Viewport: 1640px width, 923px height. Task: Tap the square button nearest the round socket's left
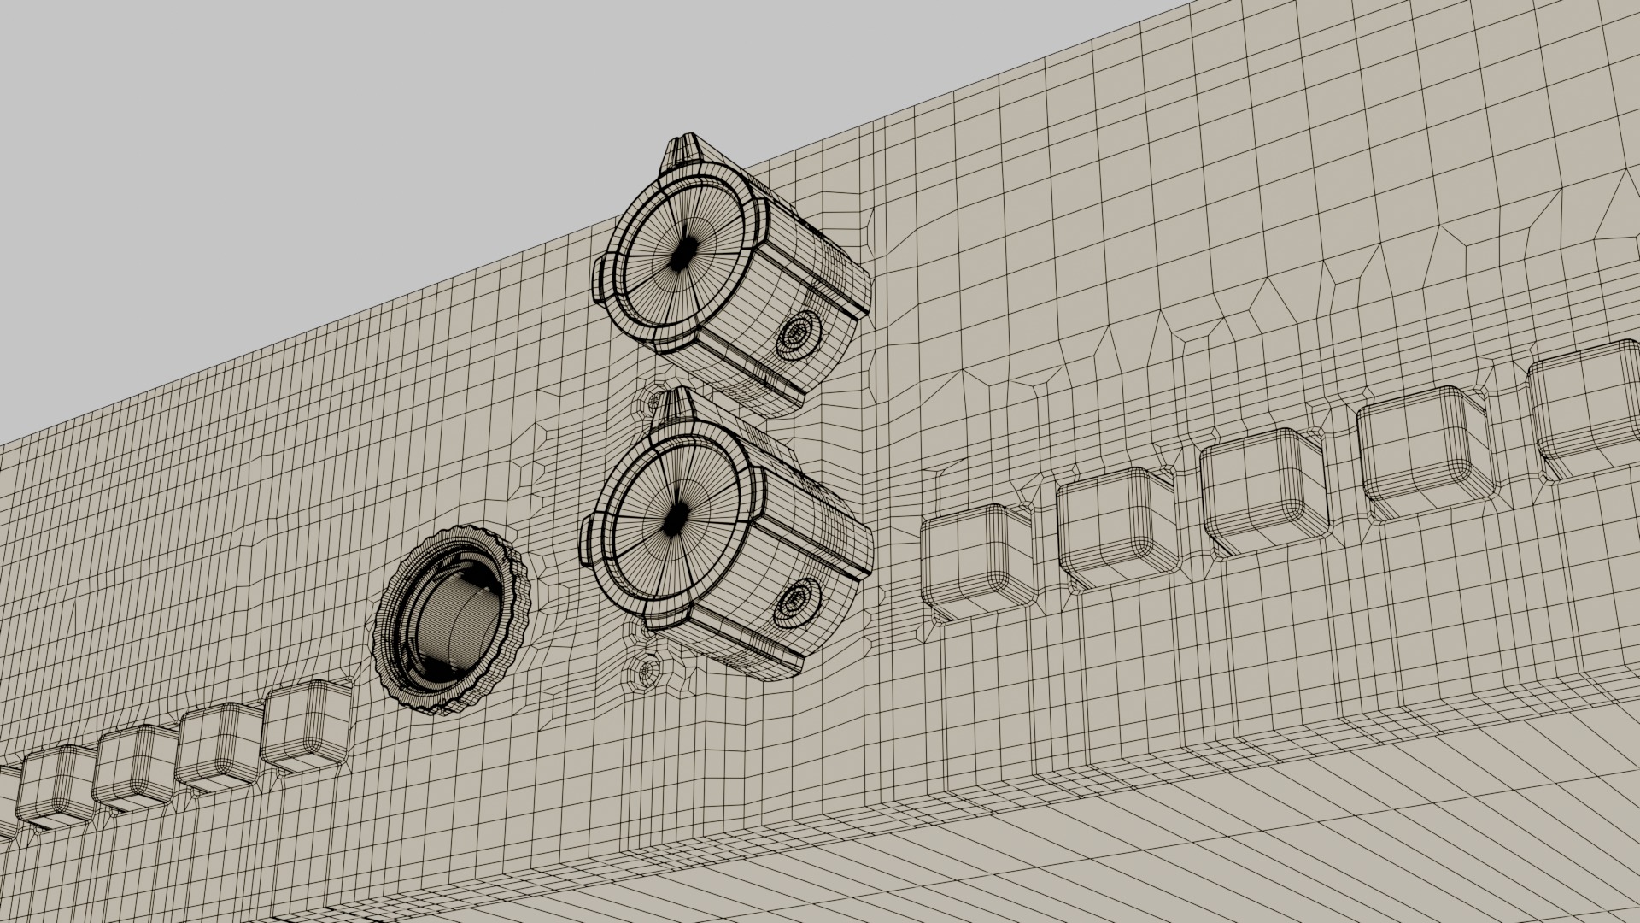[x=305, y=727]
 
